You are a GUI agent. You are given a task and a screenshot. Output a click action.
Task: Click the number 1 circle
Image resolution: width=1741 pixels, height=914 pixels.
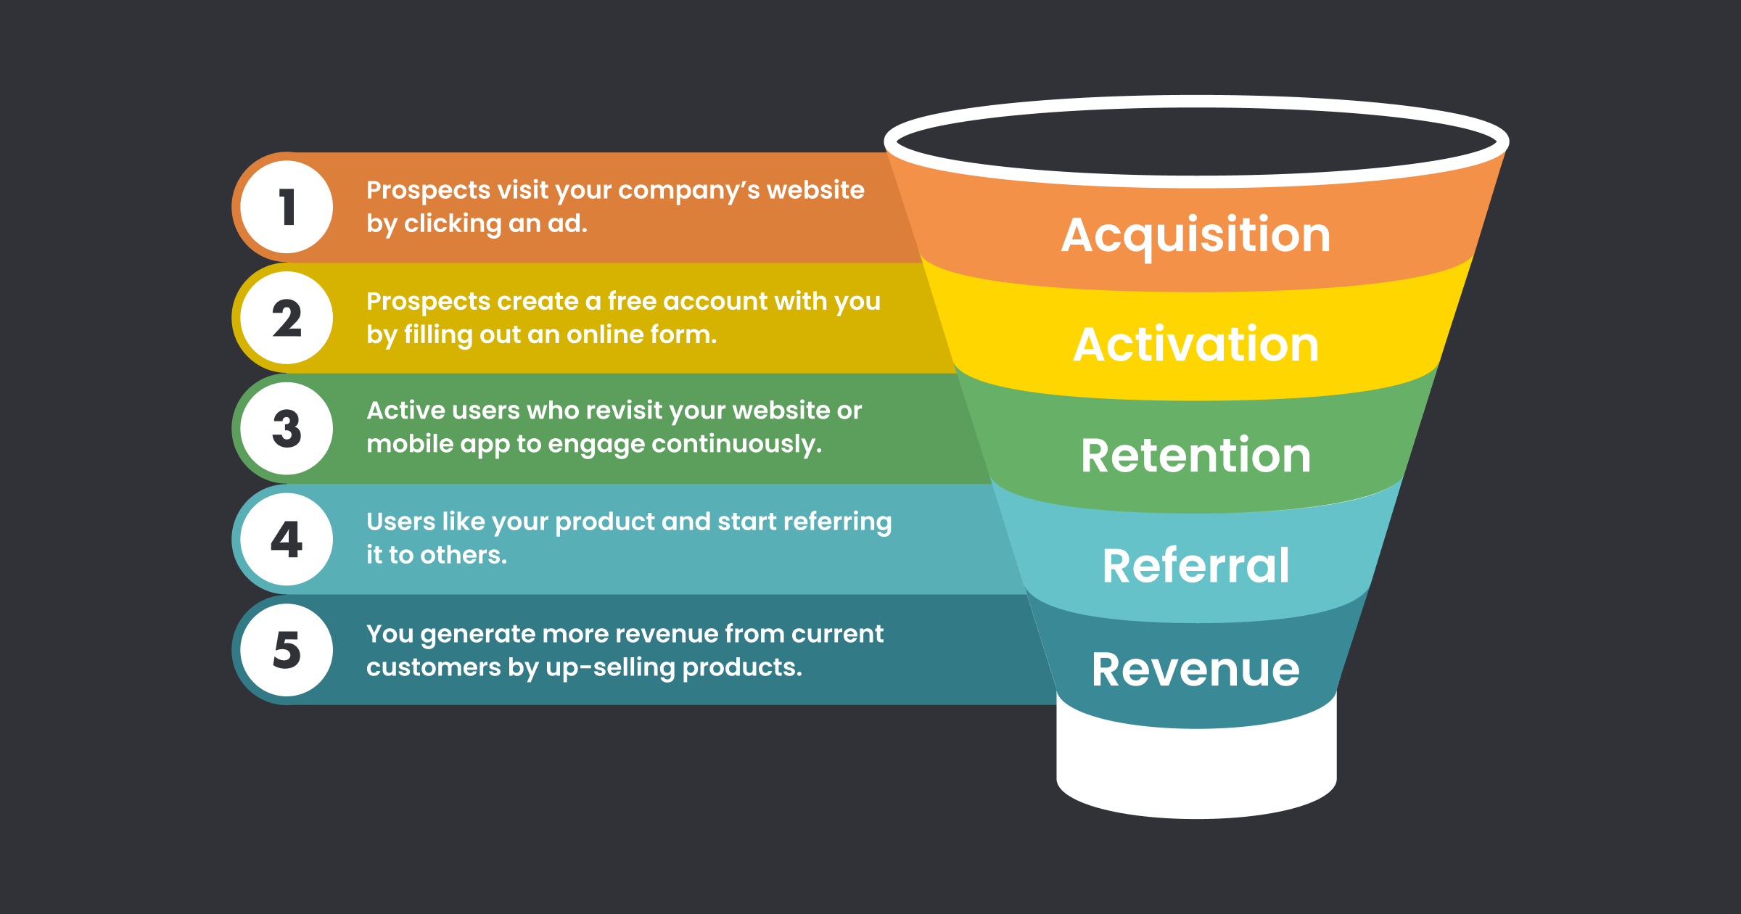click(x=287, y=207)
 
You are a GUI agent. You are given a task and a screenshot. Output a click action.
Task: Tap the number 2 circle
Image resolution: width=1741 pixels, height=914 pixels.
click(x=287, y=318)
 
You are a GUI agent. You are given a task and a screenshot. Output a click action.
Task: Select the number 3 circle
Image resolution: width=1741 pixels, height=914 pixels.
click(x=287, y=428)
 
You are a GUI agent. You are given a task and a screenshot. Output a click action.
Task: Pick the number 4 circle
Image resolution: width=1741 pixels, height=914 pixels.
click(x=287, y=539)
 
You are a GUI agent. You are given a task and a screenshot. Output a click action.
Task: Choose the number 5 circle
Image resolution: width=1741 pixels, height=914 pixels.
click(x=287, y=649)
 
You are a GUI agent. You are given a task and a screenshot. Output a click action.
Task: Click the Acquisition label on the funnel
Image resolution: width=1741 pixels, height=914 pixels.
click(x=1195, y=236)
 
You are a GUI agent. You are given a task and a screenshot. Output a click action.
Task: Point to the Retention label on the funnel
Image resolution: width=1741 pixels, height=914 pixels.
click(x=1195, y=456)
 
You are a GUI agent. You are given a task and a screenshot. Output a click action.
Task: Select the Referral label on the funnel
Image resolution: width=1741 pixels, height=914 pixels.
click(x=1195, y=566)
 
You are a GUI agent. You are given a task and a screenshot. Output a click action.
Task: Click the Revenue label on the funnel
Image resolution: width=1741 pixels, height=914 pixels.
click(x=1195, y=669)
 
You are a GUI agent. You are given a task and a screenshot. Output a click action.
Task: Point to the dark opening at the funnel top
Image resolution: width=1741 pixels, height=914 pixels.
click(x=1195, y=141)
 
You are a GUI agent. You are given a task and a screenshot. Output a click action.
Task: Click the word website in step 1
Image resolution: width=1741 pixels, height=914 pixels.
click(x=815, y=190)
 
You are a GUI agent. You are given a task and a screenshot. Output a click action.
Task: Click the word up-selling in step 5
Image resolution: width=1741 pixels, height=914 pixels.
click(x=611, y=667)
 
